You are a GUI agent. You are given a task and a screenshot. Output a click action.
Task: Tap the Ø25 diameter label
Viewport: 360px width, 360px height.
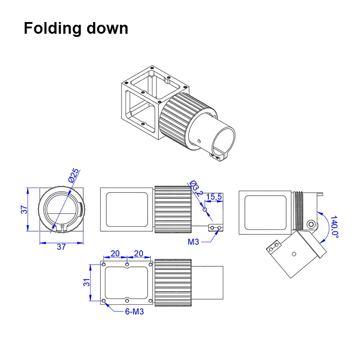74,175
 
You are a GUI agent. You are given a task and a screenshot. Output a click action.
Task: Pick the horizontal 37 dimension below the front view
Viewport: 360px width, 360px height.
61,247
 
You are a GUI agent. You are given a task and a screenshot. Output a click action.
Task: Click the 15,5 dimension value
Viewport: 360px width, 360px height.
214,197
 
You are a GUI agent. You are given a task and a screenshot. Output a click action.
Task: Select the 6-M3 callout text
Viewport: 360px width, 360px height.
134,311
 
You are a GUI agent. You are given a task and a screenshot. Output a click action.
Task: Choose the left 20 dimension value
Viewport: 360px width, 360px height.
115,254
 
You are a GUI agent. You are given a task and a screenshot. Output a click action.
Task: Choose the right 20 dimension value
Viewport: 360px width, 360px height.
139,254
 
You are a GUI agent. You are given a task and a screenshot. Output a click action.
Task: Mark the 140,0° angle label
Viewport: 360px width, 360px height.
334,226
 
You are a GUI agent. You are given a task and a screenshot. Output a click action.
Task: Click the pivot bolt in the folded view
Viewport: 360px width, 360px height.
310,224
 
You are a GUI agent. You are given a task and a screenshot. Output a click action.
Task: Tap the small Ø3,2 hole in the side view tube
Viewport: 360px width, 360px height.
205,210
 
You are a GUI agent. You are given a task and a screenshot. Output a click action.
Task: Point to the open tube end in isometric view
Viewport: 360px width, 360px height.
223,136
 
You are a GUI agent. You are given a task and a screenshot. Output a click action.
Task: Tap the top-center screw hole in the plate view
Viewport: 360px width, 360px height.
127,265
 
